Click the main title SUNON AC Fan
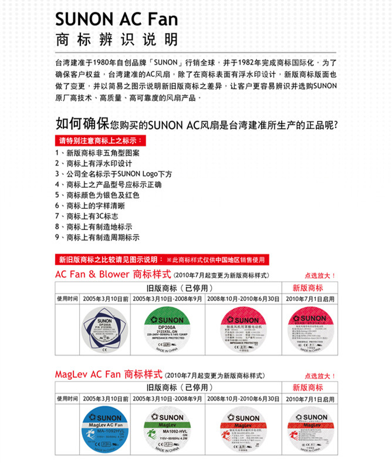tap(116, 20)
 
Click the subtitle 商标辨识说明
tap(116, 40)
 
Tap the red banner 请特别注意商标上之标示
tap(100, 141)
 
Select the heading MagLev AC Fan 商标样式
tap(109, 374)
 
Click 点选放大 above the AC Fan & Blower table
tap(320, 275)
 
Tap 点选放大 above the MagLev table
tap(320, 376)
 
